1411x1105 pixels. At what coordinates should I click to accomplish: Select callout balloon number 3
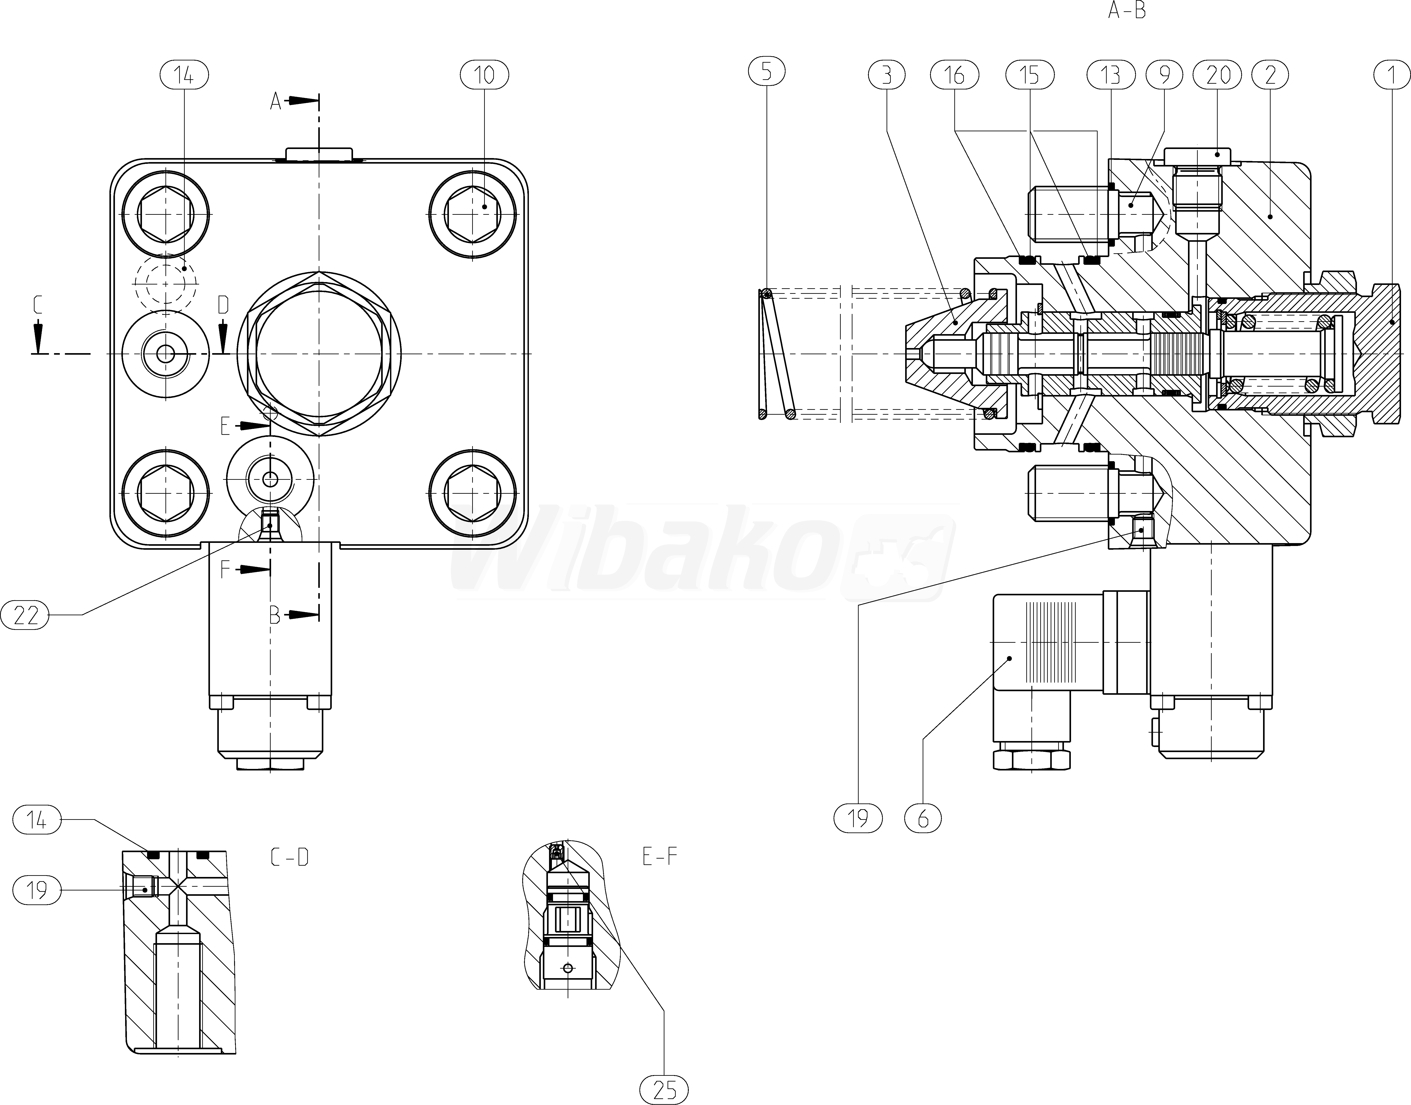coord(886,75)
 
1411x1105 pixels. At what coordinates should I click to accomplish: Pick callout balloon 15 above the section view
coord(1030,75)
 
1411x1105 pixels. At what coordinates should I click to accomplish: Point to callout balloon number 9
coord(1165,75)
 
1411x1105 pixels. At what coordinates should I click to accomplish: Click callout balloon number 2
coord(1270,75)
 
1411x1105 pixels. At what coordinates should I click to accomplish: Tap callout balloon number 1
coord(1391,75)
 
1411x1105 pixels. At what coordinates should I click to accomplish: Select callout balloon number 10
coord(484,75)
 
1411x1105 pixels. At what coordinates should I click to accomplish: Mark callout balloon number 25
coord(664,1089)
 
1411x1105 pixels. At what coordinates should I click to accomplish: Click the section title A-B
coord(1127,10)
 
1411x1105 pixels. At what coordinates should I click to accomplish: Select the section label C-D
coord(289,857)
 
